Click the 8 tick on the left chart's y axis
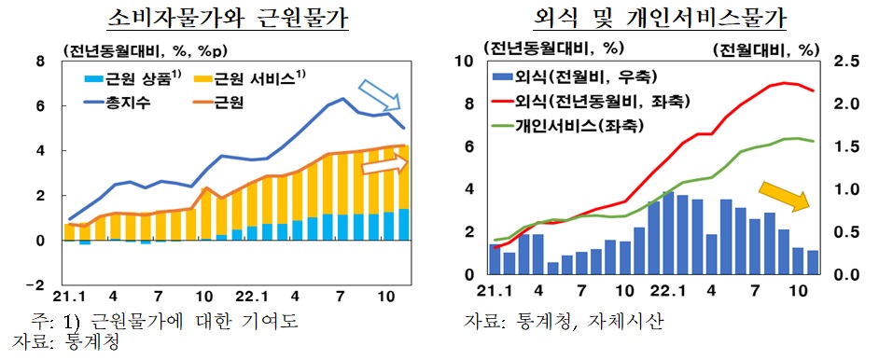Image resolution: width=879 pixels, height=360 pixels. coord(40,62)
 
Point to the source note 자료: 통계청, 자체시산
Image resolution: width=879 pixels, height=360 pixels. coord(565,323)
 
